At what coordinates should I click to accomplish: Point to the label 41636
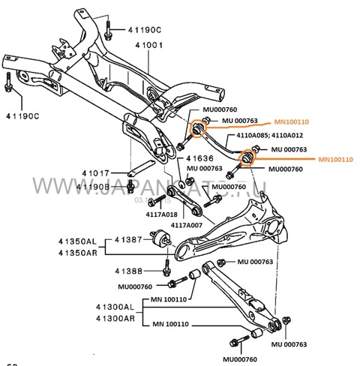click(x=200, y=158)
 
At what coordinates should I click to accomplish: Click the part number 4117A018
click(x=161, y=214)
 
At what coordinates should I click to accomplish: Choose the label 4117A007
click(x=187, y=224)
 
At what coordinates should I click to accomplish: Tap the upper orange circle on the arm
click(x=199, y=128)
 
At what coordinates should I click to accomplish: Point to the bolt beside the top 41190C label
click(x=109, y=29)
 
